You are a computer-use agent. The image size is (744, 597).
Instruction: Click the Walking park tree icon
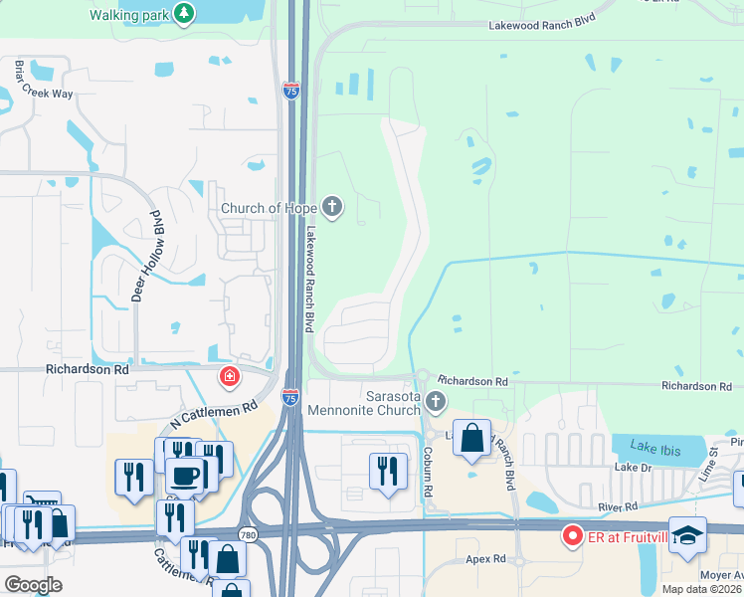click(183, 13)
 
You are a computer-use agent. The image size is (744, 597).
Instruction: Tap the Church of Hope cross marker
click(332, 208)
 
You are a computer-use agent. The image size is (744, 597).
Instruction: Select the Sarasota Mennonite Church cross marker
click(435, 402)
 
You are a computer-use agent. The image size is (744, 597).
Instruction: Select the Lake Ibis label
click(654, 450)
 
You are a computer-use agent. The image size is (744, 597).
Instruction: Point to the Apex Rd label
click(486, 559)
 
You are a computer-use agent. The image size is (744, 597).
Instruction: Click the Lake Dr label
click(633, 467)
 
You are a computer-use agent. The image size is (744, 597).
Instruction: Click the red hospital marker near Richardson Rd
click(229, 376)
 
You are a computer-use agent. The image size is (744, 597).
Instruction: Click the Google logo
click(32, 584)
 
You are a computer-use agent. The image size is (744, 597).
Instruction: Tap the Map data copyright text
click(699, 589)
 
